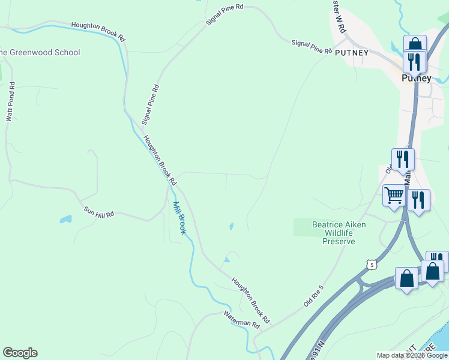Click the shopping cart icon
[394, 196]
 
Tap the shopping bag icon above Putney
[415, 45]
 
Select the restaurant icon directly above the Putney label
[414, 61]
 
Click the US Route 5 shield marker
[372, 265]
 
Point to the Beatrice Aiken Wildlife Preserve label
[339, 233]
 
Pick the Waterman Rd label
[241, 319]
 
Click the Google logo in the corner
[20, 353]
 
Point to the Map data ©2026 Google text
[412, 355]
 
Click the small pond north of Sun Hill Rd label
[65, 220]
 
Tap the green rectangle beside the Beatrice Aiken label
[304, 227]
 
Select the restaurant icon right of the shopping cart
[418, 200]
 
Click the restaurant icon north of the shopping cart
[403, 160]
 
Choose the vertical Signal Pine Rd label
[150, 104]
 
